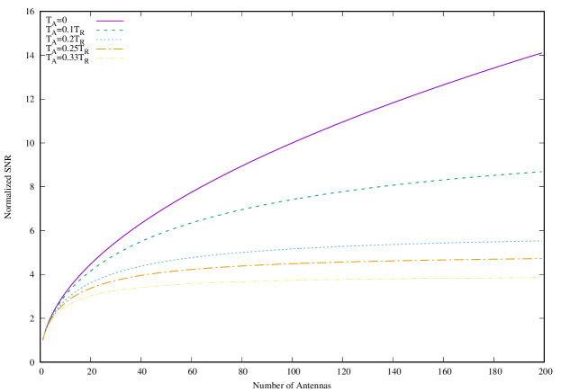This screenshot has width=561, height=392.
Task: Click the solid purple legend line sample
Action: pos(109,20)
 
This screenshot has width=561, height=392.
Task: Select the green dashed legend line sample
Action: pos(109,30)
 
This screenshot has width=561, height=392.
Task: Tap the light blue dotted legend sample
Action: pos(109,40)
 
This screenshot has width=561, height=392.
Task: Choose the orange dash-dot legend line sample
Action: pos(109,49)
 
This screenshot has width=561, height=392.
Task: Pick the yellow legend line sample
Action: pos(109,58)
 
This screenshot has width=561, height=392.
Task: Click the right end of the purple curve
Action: pos(541,53)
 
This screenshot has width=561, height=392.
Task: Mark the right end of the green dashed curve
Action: pos(541,172)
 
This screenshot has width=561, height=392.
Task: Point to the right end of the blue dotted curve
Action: pos(541,241)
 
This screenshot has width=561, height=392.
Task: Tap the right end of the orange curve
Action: pos(541,259)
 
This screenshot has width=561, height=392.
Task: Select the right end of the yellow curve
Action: pos(541,278)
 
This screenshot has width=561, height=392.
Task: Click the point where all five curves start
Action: pos(42,340)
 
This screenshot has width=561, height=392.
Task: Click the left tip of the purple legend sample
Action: pos(96,20)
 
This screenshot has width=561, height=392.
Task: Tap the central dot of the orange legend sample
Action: pos(110,49)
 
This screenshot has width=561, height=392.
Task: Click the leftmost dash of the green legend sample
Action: pos(98,30)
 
